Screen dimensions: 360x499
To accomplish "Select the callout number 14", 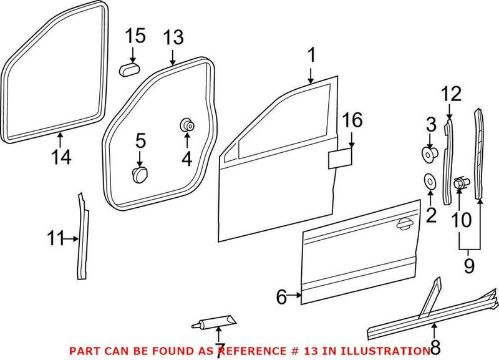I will click(x=61, y=157).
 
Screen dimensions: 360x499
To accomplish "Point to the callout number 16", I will click(x=352, y=121).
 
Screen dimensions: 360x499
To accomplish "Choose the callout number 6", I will click(x=281, y=297).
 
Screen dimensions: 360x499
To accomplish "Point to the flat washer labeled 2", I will click(x=430, y=182).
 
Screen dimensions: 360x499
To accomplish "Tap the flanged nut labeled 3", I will click(x=430, y=152).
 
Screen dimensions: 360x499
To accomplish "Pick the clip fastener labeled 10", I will click(x=460, y=183).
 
